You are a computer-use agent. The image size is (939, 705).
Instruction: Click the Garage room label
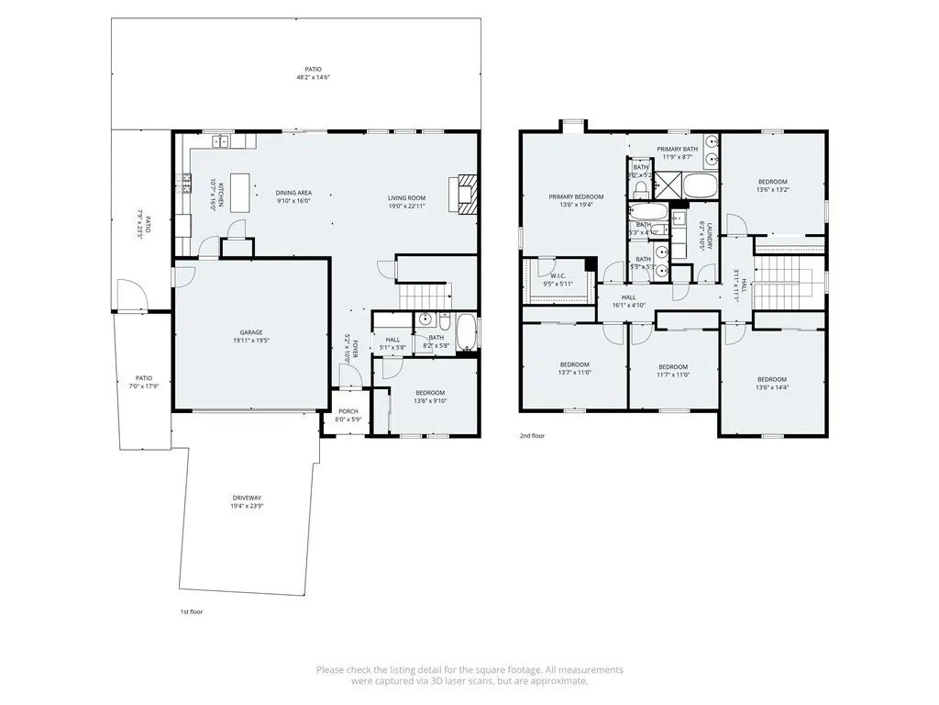click(x=251, y=336)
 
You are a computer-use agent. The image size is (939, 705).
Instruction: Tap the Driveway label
click(x=246, y=501)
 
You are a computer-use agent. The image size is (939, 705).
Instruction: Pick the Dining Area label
click(x=293, y=196)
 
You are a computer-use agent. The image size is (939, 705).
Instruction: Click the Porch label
click(x=348, y=415)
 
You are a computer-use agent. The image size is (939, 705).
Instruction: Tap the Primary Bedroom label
click(x=576, y=200)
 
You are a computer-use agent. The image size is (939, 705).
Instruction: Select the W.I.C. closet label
click(x=558, y=280)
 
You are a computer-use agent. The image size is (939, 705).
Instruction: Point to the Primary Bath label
click(x=677, y=152)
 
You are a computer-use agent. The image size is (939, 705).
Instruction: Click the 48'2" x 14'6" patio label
click(x=313, y=73)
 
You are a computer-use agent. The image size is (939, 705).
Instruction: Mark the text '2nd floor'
click(x=532, y=436)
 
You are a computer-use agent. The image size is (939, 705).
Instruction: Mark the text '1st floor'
click(x=191, y=611)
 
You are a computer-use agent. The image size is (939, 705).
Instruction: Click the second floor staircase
click(x=787, y=276)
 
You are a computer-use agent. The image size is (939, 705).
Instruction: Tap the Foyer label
click(x=347, y=350)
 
